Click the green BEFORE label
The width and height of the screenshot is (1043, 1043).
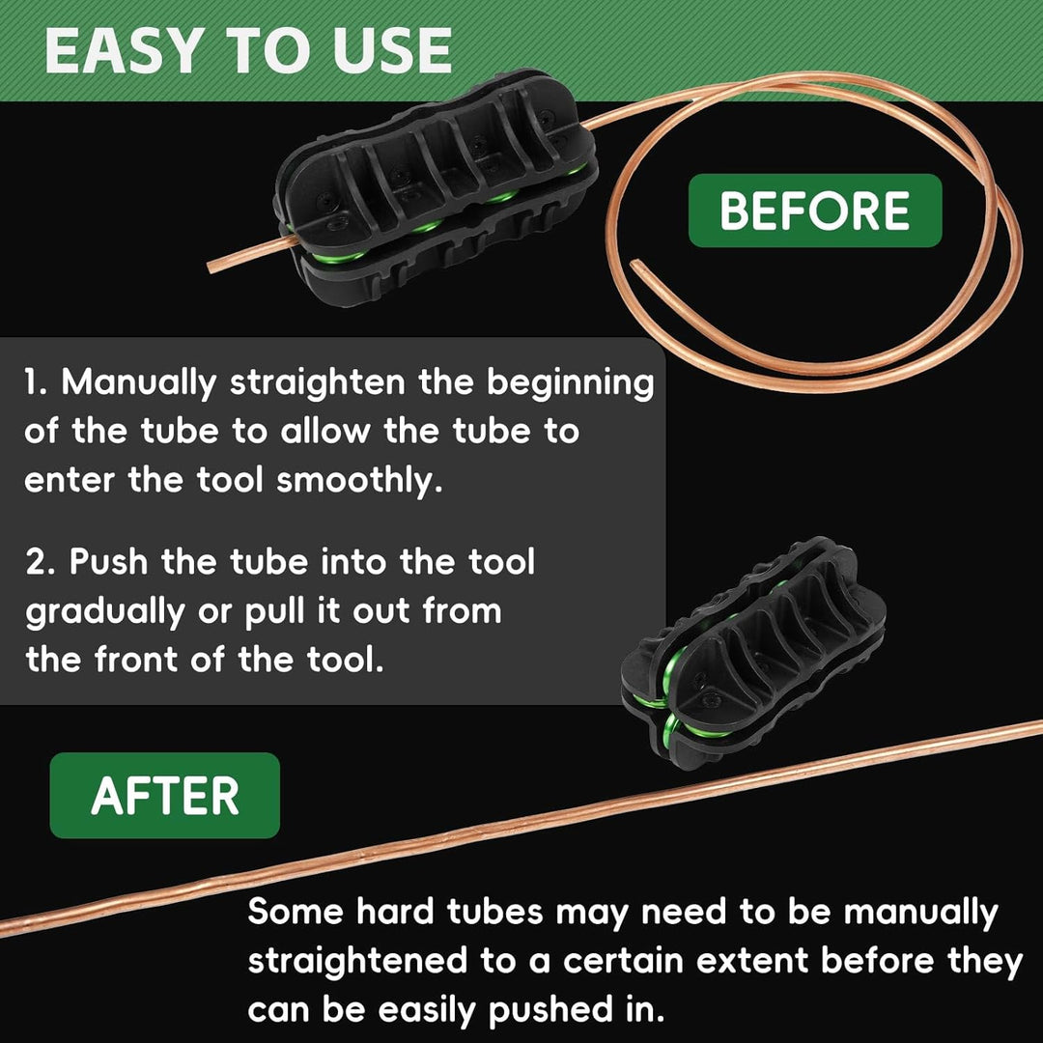pyautogui.click(x=815, y=211)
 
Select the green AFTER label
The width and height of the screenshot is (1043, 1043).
pyautogui.click(x=165, y=796)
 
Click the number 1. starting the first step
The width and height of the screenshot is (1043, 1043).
pyautogui.click(x=36, y=382)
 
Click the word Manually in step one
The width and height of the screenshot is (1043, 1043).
pyautogui.click(x=139, y=383)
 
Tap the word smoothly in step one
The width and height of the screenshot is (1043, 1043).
pyautogui.click(x=359, y=481)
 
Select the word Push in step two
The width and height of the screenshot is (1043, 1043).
pyautogui.click(x=108, y=561)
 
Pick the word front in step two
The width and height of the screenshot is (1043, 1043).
pyautogui.click(x=136, y=661)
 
